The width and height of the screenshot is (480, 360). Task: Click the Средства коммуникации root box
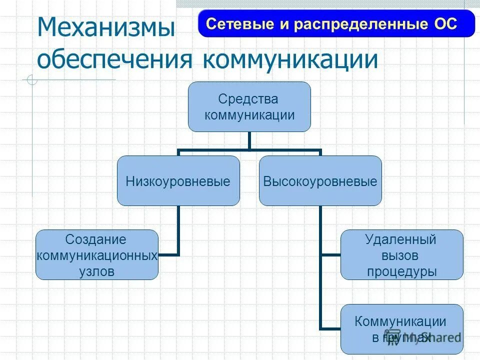click(x=249, y=107)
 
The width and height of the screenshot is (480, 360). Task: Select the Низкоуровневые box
click(x=178, y=181)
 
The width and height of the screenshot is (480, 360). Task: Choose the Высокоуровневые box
click(x=320, y=181)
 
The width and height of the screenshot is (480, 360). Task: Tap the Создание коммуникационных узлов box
click(x=97, y=255)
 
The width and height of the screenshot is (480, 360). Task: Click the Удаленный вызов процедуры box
click(x=401, y=255)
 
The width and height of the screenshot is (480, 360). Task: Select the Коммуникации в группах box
click(x=401, y=329)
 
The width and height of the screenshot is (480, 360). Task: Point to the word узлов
click(x=96, y=271)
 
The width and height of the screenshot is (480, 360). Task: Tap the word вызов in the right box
click(x=401, y=255)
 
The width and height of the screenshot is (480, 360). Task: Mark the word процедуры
click(x=401, y=271)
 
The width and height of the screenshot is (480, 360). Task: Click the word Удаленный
click(x=401, y=239)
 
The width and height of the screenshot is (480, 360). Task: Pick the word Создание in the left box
click(x=96, y=239)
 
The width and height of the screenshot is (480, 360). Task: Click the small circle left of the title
click(x=32, y=80)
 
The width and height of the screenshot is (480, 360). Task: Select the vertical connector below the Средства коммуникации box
click(x=249, y=140)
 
